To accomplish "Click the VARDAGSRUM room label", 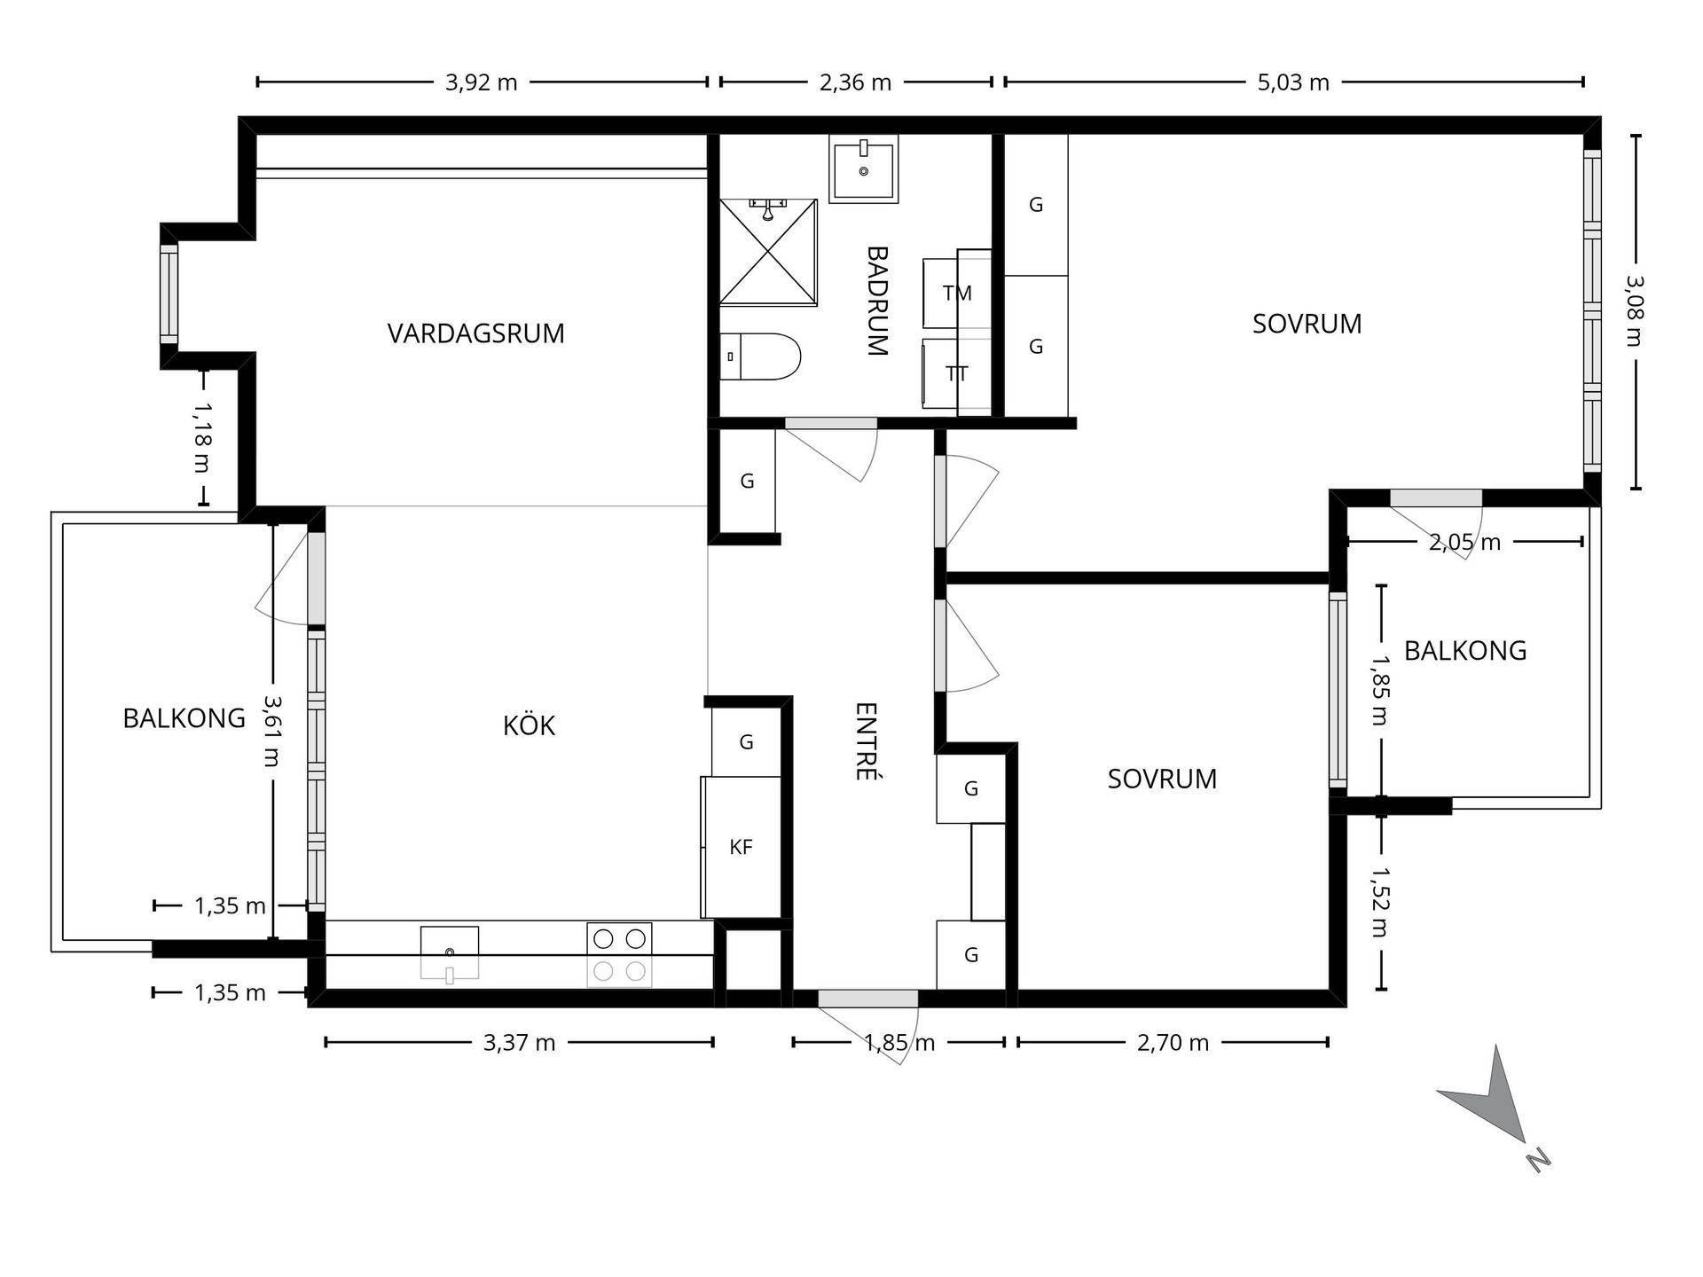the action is tap(475, 333).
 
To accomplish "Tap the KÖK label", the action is tap(529, 725).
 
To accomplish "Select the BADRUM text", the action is tap(876, 301).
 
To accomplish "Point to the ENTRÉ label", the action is tap(866, 741).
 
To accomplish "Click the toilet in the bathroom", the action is tap(760, 356).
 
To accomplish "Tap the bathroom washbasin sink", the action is tap(863, 168).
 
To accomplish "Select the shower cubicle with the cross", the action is tap(767, 252).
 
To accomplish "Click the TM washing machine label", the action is tap(957, 293).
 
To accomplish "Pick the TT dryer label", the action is tap(956, 373).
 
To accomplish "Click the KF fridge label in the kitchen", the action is tap(741, 847).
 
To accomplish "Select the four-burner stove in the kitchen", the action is tap(619, 955).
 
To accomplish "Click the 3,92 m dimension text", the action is tap(481, 82).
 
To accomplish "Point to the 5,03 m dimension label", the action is tap(1293, 82).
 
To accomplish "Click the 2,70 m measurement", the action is tap(1173, 1042).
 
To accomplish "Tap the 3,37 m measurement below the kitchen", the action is tap(519, 1042).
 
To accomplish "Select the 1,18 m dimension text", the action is tap(203, 437).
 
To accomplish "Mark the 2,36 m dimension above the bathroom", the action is tap(855, 82).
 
